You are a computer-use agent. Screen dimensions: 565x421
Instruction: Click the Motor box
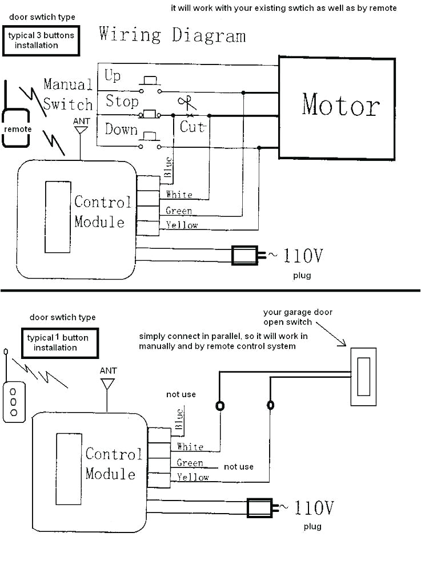pyautogui.click(x=337, y=107)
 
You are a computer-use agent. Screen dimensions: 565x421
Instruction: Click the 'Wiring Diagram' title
pyautogui.click(x=172, y=35)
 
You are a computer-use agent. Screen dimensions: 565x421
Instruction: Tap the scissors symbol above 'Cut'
pyautogui.click(x=185, y=104)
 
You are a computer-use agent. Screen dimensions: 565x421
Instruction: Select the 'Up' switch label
pyautogui.click(x=113, y=76)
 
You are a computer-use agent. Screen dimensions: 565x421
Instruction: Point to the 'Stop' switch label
pyautogui.click(x=122, y=102)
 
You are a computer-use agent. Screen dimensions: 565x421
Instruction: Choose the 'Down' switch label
pyautogui.click(x=121, y=129)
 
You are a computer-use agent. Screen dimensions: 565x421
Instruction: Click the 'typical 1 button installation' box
pyautogui.click(x=58, y=342)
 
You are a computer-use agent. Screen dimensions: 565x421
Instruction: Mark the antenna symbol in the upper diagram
pyautogui.click(x=81, y=131)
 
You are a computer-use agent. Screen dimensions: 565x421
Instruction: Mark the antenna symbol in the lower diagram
pyautogui.click(x=107, y=383)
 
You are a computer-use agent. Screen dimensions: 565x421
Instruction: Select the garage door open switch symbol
pyautogui.click(x=363, y=376)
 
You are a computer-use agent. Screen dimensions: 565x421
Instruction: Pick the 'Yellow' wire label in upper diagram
pyautogui.click(x=182, y=225)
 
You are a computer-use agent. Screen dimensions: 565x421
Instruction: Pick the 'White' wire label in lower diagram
pyautogui.click(x=190, y=446)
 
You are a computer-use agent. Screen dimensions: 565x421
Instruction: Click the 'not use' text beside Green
pyautogui.click(x=238, y=467)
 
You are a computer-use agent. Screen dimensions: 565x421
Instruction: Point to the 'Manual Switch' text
pyautogui.click(x=67, y=95)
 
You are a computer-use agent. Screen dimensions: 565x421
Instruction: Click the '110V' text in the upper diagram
pyautogui.click(x=303, y=256)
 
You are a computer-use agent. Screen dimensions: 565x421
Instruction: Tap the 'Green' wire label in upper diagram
pyautogui.click(x=178, y=211)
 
